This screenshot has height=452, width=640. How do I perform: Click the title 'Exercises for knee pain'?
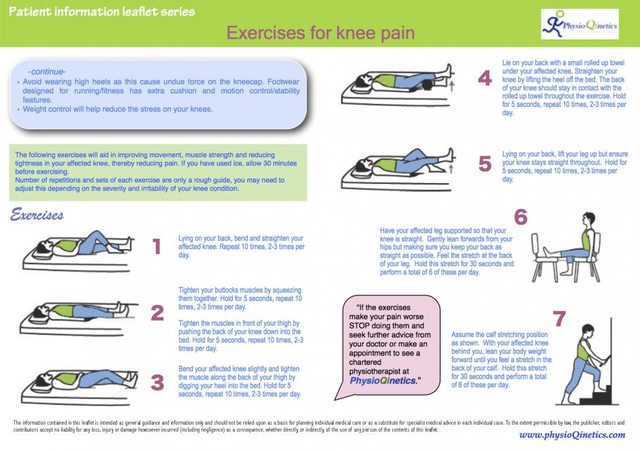320,33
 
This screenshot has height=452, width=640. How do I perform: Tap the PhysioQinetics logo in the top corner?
579,25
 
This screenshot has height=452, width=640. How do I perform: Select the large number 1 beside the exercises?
157,246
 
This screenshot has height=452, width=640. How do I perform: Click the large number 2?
157,312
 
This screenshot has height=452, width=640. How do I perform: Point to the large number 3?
157,383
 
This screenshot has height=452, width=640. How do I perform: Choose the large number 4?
485,79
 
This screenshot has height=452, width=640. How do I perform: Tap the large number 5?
485,164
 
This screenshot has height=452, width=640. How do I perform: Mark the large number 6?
521,217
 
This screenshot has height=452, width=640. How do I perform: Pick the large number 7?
559,318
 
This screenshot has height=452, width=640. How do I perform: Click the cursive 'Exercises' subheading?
37,216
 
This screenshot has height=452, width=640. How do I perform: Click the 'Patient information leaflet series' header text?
101,12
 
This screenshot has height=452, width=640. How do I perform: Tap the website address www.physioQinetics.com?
571,435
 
